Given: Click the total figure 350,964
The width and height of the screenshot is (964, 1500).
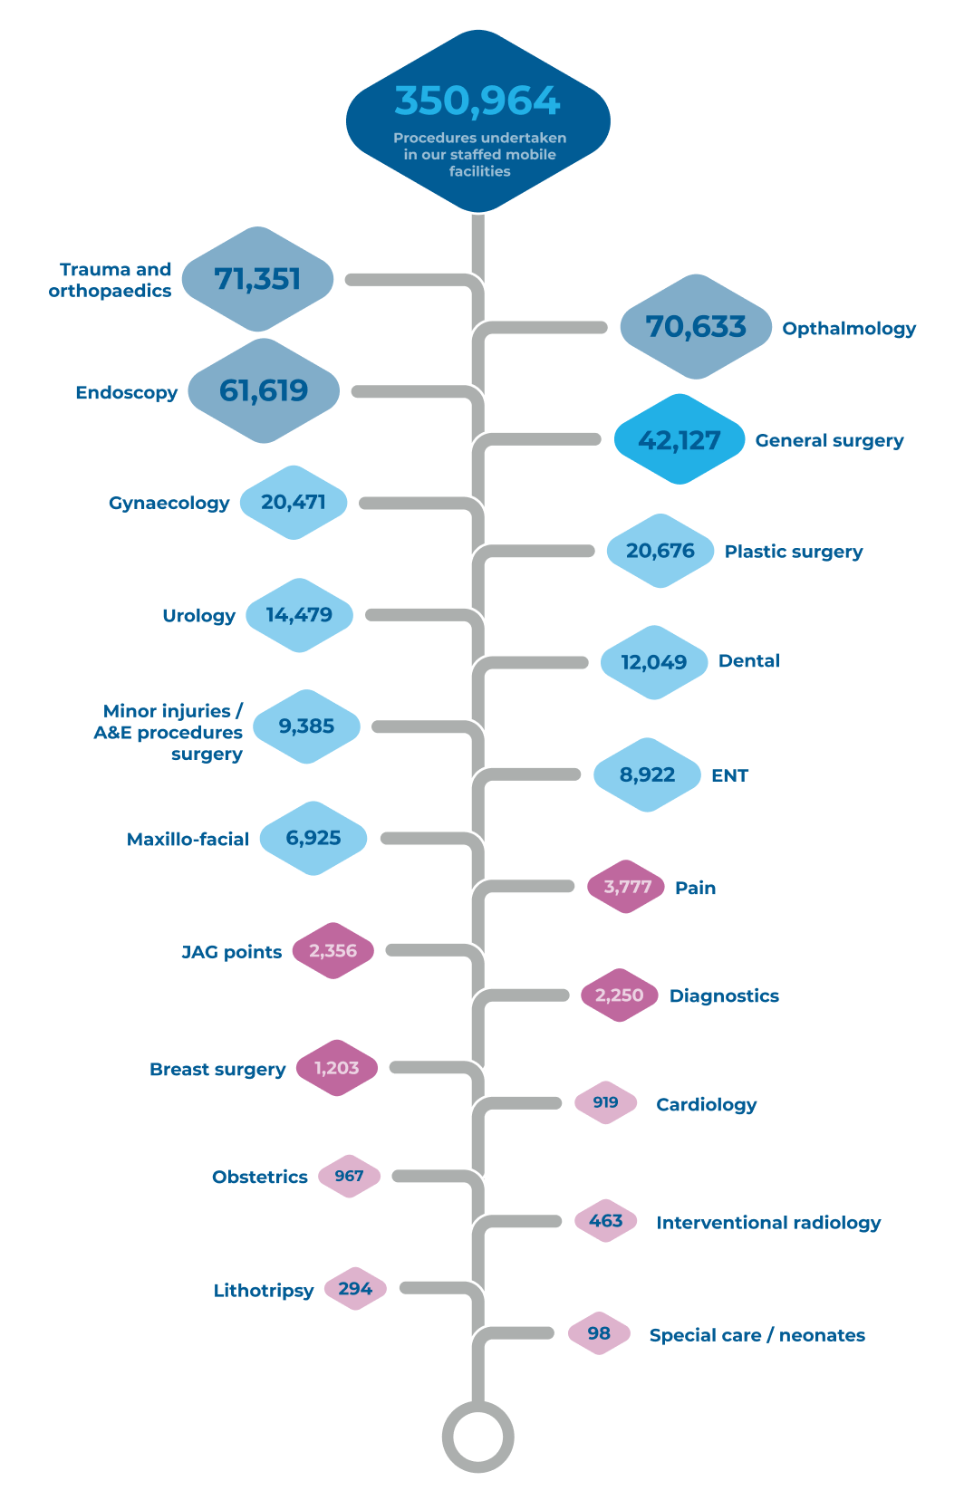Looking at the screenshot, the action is [x=477, y=101].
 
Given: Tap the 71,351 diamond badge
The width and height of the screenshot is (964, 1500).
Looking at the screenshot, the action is [x=257, y=279].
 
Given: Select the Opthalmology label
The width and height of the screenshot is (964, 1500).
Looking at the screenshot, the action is [x=849, y=329].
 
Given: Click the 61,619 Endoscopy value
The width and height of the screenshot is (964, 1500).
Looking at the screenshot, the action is [x=264, y=390].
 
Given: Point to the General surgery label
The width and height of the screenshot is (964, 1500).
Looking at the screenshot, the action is [x=829, y=440].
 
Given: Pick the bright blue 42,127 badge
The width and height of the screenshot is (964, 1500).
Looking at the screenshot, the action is [x=680, y=439].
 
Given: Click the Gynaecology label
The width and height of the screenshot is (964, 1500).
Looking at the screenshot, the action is [x=169, y=503].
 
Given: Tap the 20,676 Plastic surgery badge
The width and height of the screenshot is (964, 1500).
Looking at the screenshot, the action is [x=660, y=551].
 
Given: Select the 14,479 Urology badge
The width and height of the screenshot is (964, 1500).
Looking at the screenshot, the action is [x=300, y=615].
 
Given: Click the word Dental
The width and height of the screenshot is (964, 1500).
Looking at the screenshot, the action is [x=749, y=661].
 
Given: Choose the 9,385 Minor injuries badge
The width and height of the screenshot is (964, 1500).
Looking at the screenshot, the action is [x=306, y=726].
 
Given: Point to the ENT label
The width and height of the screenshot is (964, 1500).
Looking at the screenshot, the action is [x=729, y=775].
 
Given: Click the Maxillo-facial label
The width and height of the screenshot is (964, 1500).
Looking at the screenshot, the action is [x=188, y=839].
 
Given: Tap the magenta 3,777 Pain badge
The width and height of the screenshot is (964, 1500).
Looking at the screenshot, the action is [x=626, y=887].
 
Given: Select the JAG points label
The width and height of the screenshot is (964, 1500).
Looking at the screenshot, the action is [x=232, y=952].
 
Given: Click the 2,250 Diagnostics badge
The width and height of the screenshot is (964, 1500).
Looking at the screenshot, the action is [x=620, y=995].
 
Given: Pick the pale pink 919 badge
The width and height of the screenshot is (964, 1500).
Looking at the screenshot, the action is [x=605, y=1102].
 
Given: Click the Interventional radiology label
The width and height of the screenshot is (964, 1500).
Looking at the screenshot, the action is [x=768, y=1223].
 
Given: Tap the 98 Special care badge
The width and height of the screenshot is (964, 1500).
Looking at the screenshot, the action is [x=599, y=1333].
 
